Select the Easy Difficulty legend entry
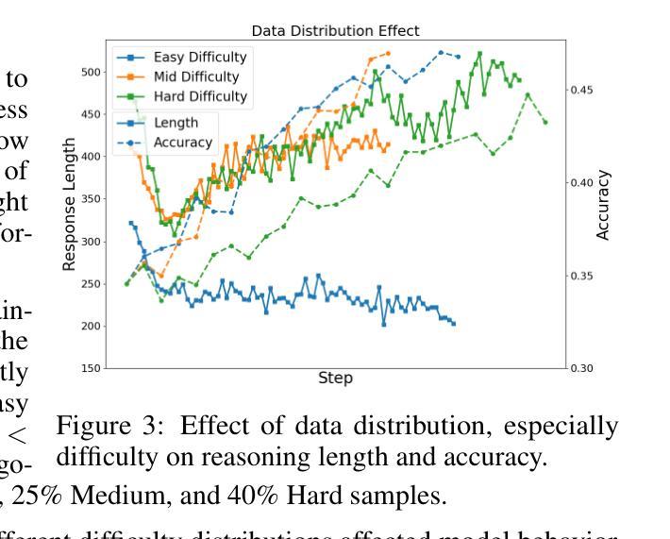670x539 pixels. (x=200, y=58)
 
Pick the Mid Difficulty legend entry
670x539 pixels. (x=195, y=76)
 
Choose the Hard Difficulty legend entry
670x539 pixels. (x=200, y=95)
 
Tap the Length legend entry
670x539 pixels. (x=175, y=124)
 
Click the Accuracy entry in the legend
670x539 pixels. (x=182, y=143)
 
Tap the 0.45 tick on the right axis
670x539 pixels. (x=582, y=90)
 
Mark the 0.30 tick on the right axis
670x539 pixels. (x=582, y=368)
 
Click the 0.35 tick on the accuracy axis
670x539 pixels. (x=582, y=276)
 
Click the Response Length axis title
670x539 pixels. (x=69, y=204)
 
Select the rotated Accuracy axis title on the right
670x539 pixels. (x=603, y=205)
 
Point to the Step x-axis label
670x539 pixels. (x=336, y=379)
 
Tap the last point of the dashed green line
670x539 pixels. (x=545, y=122)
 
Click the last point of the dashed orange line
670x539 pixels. (x=388, y=53)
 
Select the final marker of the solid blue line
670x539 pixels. (x=453, y=324)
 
